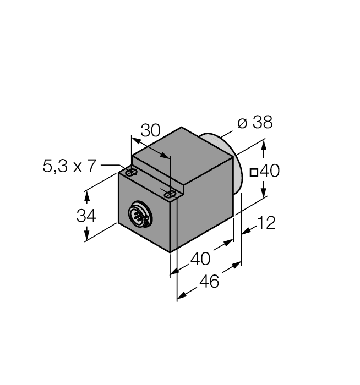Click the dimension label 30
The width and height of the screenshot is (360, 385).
150,130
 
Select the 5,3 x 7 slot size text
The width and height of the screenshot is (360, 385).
69,166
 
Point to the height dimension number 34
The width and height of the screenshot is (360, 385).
86,216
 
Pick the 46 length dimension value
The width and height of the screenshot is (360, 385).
209,281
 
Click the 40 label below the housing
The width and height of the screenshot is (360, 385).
200,258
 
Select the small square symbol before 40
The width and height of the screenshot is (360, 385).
254,172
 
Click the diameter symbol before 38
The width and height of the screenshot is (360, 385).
243,123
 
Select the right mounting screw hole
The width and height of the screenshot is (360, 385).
171,193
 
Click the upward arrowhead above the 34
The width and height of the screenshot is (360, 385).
86,196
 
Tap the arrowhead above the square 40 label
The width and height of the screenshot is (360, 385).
264,146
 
